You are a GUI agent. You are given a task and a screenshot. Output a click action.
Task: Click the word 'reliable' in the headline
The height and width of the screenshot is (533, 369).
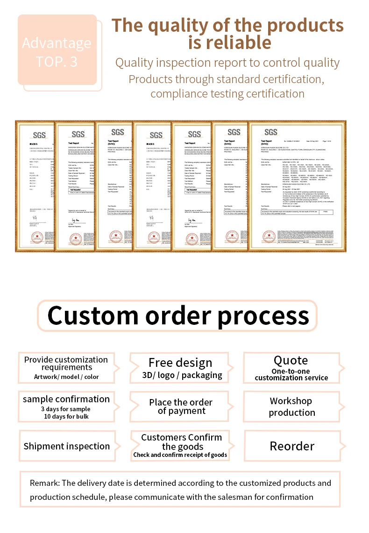[229, 42]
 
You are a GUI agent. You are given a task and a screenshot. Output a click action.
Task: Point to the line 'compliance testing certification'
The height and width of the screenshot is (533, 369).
[227, 93]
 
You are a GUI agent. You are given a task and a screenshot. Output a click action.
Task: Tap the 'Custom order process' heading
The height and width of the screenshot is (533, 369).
[178, 316]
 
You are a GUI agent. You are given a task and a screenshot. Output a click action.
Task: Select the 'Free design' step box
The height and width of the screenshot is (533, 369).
[180, 368]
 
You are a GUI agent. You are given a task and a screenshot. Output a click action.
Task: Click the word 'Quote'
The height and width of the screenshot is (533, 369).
[291, 360]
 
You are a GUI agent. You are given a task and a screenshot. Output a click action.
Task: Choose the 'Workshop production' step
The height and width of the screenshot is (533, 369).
[291, 407]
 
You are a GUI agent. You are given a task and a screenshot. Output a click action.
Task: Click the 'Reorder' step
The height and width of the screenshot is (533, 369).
[292, 446]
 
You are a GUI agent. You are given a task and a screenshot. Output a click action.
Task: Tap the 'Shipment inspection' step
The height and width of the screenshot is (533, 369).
[67, 446]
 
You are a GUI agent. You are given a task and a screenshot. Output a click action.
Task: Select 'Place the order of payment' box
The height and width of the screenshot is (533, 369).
[181, 407]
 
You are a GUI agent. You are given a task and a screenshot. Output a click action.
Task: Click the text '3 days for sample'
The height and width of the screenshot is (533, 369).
[65, 409]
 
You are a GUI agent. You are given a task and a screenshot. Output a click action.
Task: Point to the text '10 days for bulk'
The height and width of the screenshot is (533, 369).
[66, 416]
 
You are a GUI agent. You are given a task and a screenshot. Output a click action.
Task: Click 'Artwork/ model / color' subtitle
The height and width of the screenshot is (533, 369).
[66, 377]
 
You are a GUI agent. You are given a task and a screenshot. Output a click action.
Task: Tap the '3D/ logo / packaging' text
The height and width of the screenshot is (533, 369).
[182, 375]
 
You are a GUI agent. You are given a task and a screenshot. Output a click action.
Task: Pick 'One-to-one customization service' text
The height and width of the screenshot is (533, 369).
[291, 375]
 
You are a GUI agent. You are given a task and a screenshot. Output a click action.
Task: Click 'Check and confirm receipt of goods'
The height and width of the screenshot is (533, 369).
[180, 455]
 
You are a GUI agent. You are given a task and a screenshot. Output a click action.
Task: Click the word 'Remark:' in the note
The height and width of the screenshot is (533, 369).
[45, 483]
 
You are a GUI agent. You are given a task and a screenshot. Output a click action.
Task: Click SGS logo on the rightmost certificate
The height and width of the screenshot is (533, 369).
[271, 133]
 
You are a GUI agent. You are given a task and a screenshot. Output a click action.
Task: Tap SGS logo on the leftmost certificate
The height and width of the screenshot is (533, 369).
[40, 136]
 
